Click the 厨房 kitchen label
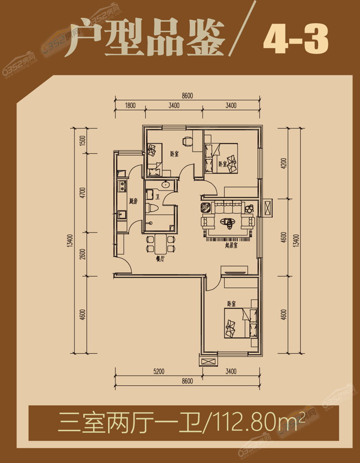pos(133,201)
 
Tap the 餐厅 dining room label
pos(160,259)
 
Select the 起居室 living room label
pos(231,245)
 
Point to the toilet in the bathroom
pos(152,208)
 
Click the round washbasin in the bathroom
pos(165,184)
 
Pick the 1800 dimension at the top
pos(130,105)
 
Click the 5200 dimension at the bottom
pos(159,371)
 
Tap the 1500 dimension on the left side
pos(83,141)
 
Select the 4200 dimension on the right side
pos(284,163)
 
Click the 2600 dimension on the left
pos(83,254)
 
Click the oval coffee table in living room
pos(228,222)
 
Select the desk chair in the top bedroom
pos(187,141)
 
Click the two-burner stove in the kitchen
pos(122,186)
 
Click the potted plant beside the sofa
pos(249,208)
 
